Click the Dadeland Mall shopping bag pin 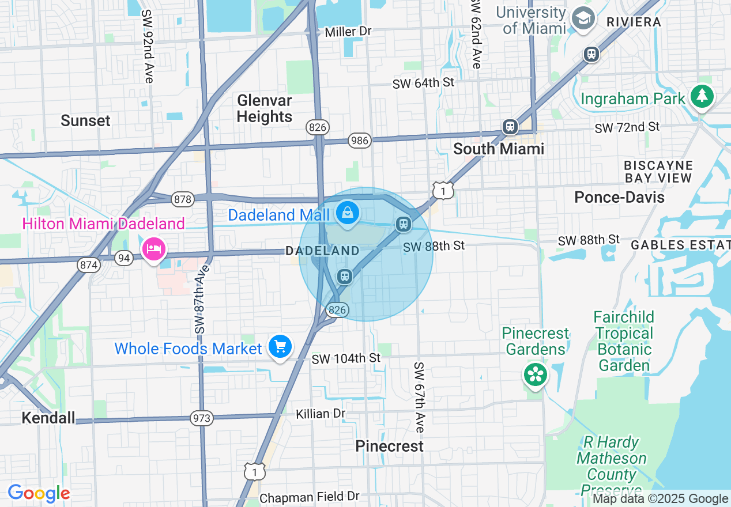point(348,213)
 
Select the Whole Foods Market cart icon point(280,347)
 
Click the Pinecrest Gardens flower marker point(536,375)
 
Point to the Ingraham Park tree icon point(702,97)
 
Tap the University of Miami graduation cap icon point(583,20)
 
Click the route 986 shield point(359,140)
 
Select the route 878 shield point(182,199)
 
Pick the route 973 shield point(202,418)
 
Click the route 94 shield point(123,258)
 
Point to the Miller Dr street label point(348,32)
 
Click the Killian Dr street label point(321,414)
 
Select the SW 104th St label point(346,358)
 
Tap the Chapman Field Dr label point(310,497)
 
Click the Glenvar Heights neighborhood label point(265,108)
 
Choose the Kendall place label point(48,418)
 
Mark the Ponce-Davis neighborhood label point(619,197)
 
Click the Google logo point(39,493)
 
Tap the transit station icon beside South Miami point(510,127)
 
